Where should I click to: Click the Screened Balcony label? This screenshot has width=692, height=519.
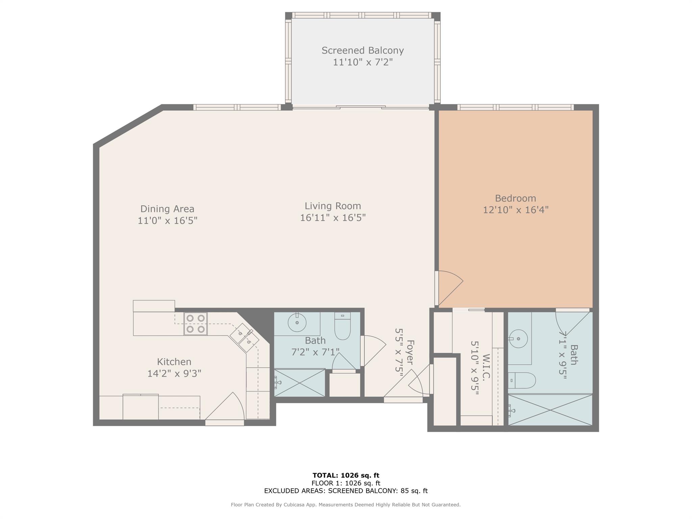[x=363, y=51]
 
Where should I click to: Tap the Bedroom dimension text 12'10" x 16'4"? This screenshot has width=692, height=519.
[x=515, y=210]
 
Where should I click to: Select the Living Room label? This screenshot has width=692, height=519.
[x=333, y=206]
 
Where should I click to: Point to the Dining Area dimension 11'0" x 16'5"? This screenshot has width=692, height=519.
[x=167, y=221]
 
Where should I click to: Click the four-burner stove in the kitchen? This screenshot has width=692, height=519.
[x=196, y=323]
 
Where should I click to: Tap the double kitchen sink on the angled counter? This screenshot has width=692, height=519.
[x=244, y=337]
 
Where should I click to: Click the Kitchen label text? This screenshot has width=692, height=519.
[x=174, y=362]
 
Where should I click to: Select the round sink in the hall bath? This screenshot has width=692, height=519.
[x=297, y=322]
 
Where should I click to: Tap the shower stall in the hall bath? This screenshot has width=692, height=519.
[x=299, y=383]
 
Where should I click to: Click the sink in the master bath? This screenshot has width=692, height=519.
[x=518, y=338]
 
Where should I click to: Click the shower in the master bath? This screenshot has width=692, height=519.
[x=550, y=410]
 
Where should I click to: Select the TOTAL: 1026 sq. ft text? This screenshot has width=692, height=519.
[x=346, y=475]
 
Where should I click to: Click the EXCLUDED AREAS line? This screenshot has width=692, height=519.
[x=346, y=491]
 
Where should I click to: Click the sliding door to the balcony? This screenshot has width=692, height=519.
[x=361, y=107]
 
